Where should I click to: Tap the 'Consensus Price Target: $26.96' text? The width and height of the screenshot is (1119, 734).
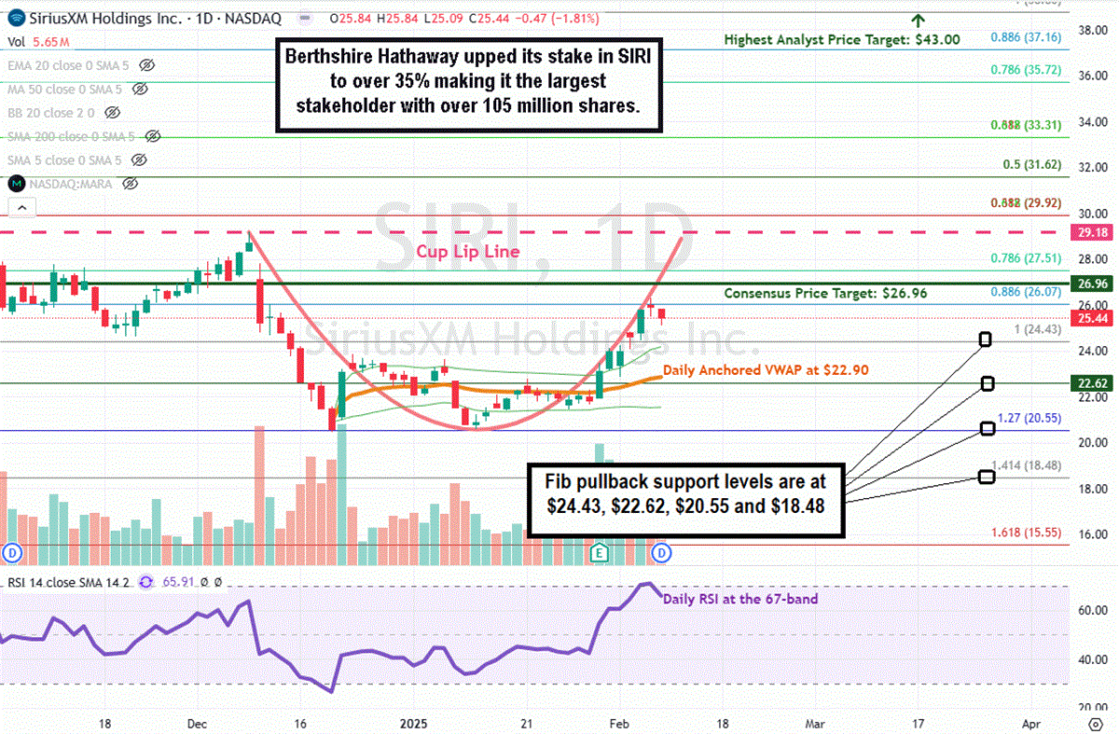[x=825, y=293]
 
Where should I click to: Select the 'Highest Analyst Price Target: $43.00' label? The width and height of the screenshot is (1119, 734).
[x=842, y=39]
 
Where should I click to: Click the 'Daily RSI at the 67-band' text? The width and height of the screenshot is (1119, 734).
[x=740, y=599]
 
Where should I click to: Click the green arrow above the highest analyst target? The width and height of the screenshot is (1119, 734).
[x=918, y=20]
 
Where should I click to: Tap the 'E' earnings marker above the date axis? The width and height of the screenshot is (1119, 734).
[x=601, y=552]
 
